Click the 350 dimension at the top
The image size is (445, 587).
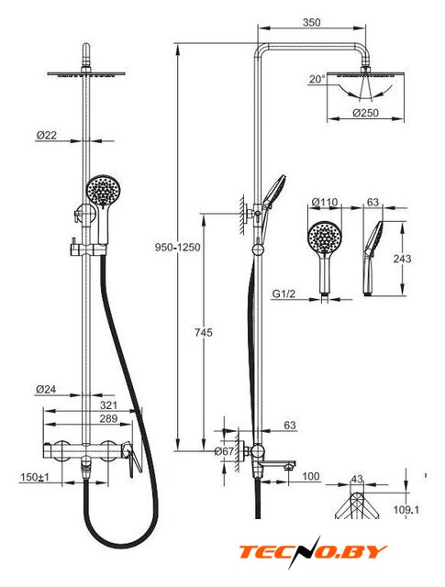click(312, 22)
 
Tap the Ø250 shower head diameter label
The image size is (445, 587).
click(365, 113)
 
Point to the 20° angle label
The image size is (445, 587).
click(317, 80)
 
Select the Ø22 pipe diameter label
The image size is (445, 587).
click(46, 135)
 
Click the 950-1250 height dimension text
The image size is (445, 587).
click(178, 248)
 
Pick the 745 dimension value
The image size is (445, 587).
click(204, 332)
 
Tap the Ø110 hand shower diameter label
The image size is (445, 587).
click(325, 202)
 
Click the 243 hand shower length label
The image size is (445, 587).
click(402, 259)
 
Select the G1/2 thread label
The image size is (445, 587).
click(284, 293)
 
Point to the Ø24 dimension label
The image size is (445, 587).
click(46, 390)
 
